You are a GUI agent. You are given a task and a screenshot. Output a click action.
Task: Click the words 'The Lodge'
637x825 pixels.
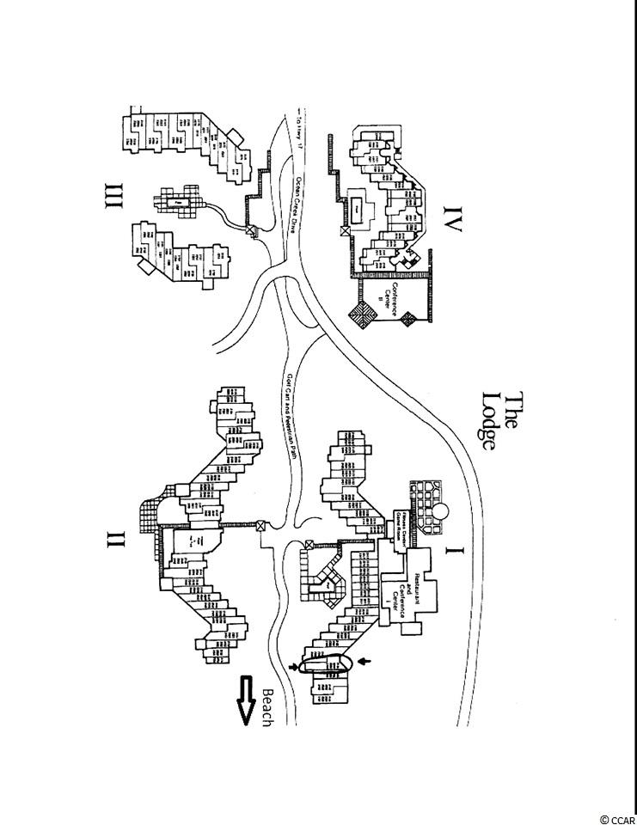pos(502,422)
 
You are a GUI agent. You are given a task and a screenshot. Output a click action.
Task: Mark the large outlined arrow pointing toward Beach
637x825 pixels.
pos(247,700)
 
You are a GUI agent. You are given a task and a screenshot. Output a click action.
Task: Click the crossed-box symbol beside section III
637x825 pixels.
pos(252,230)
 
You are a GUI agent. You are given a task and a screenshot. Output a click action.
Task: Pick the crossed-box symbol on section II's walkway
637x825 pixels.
pos(261,526)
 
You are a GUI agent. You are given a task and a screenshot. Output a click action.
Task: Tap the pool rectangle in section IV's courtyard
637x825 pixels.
pos(355,206)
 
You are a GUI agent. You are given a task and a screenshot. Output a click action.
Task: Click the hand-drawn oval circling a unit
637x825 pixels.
pos(328,665)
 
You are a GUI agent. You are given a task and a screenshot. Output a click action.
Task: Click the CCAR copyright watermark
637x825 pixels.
pos(615,818)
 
